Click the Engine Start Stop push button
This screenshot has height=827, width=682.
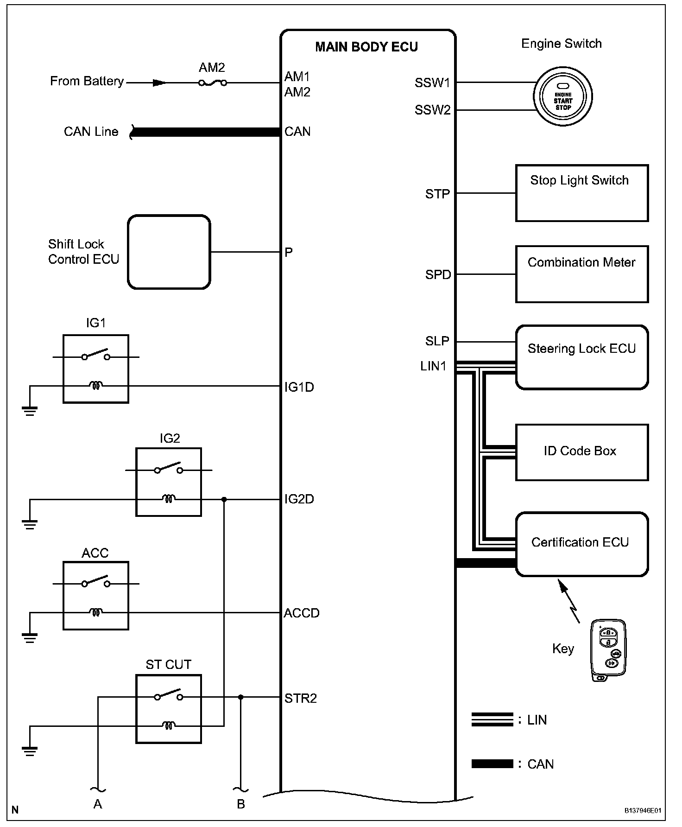563,97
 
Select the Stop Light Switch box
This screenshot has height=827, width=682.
581,193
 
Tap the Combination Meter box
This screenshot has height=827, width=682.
581,274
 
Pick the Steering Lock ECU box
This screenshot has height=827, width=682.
581,357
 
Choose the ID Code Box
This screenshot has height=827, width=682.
581,452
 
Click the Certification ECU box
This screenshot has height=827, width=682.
581,544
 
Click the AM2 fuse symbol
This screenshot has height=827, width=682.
213,83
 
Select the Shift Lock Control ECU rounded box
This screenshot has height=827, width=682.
169,252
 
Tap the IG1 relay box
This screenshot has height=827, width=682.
96,369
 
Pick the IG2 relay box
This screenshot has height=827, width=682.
169,482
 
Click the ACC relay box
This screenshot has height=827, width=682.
96,595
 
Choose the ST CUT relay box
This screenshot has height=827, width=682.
169,709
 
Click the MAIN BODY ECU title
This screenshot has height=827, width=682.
366,47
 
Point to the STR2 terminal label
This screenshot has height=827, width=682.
300,698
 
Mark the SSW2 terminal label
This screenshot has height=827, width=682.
432,110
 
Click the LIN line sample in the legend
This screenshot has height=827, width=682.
492,719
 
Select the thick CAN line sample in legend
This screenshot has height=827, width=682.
492,764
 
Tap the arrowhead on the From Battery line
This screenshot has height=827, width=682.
159,83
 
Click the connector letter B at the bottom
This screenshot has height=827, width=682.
241,804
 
